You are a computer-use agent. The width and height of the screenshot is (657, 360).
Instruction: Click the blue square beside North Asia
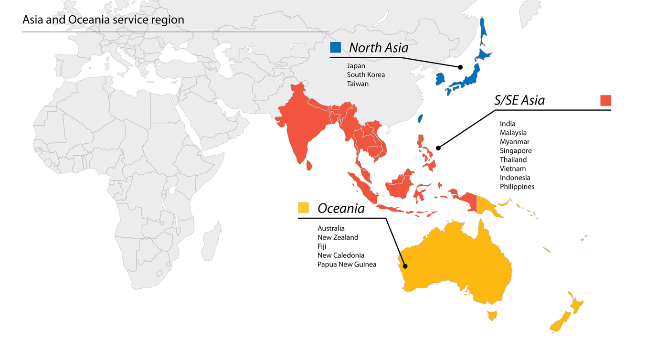pos(335,47)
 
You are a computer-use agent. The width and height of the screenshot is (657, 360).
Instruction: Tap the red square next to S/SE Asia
pos(605,100)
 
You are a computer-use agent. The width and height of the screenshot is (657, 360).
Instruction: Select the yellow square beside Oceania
pos(303,208)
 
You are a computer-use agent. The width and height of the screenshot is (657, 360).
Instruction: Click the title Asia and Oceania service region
pos(103,20)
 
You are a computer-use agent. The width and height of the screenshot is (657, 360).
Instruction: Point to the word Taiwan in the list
pos(358,84)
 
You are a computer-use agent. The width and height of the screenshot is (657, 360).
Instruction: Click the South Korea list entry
pos(366,74)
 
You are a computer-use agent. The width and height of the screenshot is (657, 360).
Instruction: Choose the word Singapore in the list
pos(516,150)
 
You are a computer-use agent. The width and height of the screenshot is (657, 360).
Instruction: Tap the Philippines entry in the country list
pos(517,186)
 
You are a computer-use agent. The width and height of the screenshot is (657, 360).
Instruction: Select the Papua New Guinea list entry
pos(347,264)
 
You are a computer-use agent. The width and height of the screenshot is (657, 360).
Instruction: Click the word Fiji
pos(322,246)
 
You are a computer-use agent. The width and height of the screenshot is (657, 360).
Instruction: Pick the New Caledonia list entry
pos(341,255)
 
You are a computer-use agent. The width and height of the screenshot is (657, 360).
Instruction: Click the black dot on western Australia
pos(405,266)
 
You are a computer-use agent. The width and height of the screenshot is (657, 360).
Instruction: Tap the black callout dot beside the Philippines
pos(438,148)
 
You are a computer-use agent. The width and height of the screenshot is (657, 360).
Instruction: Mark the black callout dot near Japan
pos(460,67)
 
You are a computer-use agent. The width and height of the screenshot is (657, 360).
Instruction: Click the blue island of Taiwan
pos(420,118)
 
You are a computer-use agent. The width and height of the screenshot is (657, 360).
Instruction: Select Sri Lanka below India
pos(309,165)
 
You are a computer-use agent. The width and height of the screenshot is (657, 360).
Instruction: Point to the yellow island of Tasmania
pos(491,315)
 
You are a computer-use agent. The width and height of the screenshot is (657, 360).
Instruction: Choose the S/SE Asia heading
pos(519,100)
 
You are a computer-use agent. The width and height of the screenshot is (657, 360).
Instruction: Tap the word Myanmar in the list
pos(514,142)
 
